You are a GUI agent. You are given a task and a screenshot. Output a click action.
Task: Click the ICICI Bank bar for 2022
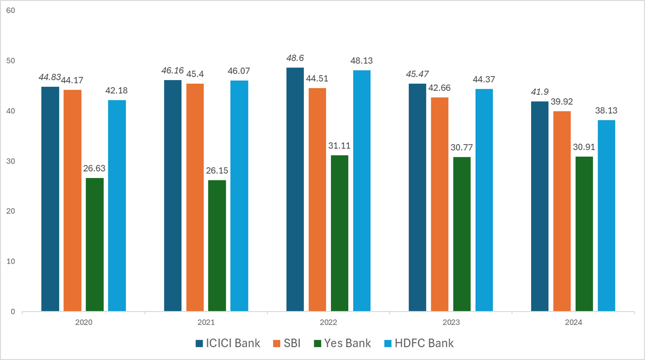click(x=295, y=190)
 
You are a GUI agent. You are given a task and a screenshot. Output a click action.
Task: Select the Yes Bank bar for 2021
click(x=217, y=246)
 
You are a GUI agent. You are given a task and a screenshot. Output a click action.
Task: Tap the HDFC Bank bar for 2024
click(x=606, y=216)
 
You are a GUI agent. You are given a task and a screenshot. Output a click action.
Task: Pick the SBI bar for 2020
click(x=72, y=201)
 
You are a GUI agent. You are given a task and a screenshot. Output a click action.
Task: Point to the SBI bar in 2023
click(x=439, y=204)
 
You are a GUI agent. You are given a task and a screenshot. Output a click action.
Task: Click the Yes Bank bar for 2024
click(x=584, y=234)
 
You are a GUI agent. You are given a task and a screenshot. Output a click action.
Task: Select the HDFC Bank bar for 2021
click(x=239, y=196)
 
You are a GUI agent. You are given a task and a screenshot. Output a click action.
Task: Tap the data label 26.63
click(x=95, y=168)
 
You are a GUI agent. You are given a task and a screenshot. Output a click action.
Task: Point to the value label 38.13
click(x=607, y=110)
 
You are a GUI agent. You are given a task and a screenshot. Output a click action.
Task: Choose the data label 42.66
click(x=439, y=88)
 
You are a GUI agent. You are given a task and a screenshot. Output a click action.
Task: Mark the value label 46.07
click(x=239, y=71)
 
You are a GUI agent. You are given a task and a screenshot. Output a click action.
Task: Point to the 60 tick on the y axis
click(x=11, y=11)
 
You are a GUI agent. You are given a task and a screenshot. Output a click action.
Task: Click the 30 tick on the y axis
click(x=11, y=161)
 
